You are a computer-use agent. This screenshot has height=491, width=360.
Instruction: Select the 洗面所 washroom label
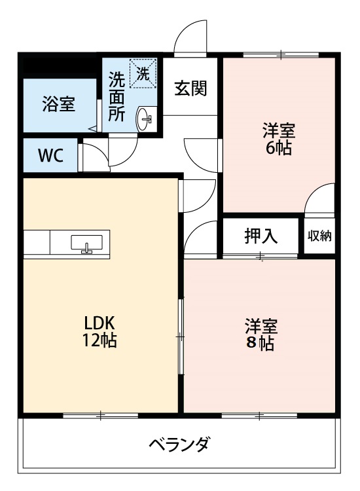117,97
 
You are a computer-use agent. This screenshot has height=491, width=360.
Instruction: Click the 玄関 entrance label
190,89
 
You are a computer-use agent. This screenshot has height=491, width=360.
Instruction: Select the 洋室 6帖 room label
279,139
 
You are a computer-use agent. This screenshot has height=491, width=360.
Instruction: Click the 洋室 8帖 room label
261,335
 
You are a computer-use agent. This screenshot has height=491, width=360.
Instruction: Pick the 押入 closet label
261,236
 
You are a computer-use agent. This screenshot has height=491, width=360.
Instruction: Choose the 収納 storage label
320,236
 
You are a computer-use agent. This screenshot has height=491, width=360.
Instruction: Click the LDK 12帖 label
100,331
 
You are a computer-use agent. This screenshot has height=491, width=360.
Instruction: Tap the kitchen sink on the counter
86,243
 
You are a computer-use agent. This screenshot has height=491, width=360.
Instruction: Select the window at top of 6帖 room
281,54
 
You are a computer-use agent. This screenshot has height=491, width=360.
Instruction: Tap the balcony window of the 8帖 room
259,414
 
